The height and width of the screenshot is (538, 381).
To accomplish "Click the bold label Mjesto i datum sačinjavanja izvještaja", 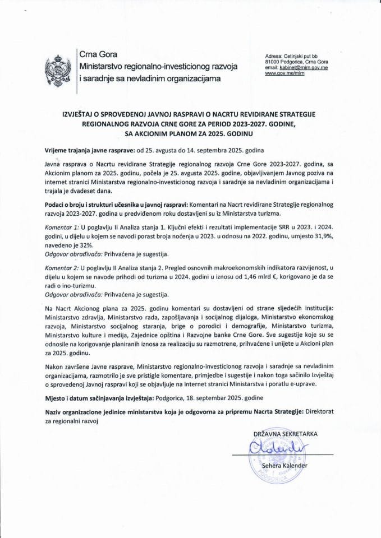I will point(103,397).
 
